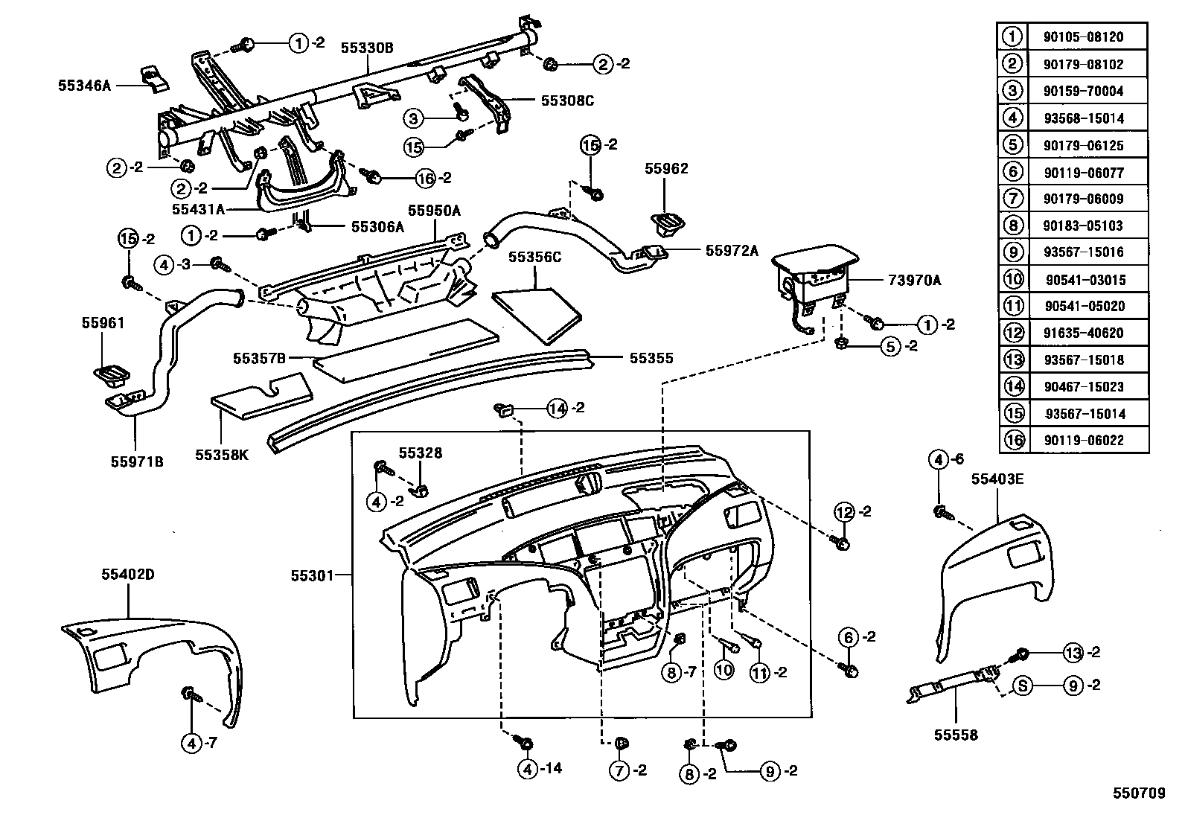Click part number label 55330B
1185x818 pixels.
pyautogui.click(x=366, y=48)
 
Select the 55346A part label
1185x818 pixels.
pyautogui.click(x=84, y=86)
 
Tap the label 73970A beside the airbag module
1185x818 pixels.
pyautogui.click(x=914, y=280)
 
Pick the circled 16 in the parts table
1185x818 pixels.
pyautogui.click(x=1013, y=440)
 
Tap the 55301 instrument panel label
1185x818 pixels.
pyautogui.click(x=311, y=575)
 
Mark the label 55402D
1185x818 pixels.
pyautogui.click(x=127, y=574)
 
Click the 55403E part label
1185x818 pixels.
pyautogui.click(x=997, y=479)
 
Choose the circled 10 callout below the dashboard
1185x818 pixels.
pyautogui.click(x=724, y=671)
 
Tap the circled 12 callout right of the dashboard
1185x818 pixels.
pyautogui.click(x=843, y=512)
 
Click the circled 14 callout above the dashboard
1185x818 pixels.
pyautogui.click(x=557, y=408)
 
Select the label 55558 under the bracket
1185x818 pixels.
pyautogui.click(x=956, y=735)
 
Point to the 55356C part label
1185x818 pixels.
pyautogui.click(x=534, y=257)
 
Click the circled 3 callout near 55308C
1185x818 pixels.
pyautogui.click(x=415, y=118)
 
